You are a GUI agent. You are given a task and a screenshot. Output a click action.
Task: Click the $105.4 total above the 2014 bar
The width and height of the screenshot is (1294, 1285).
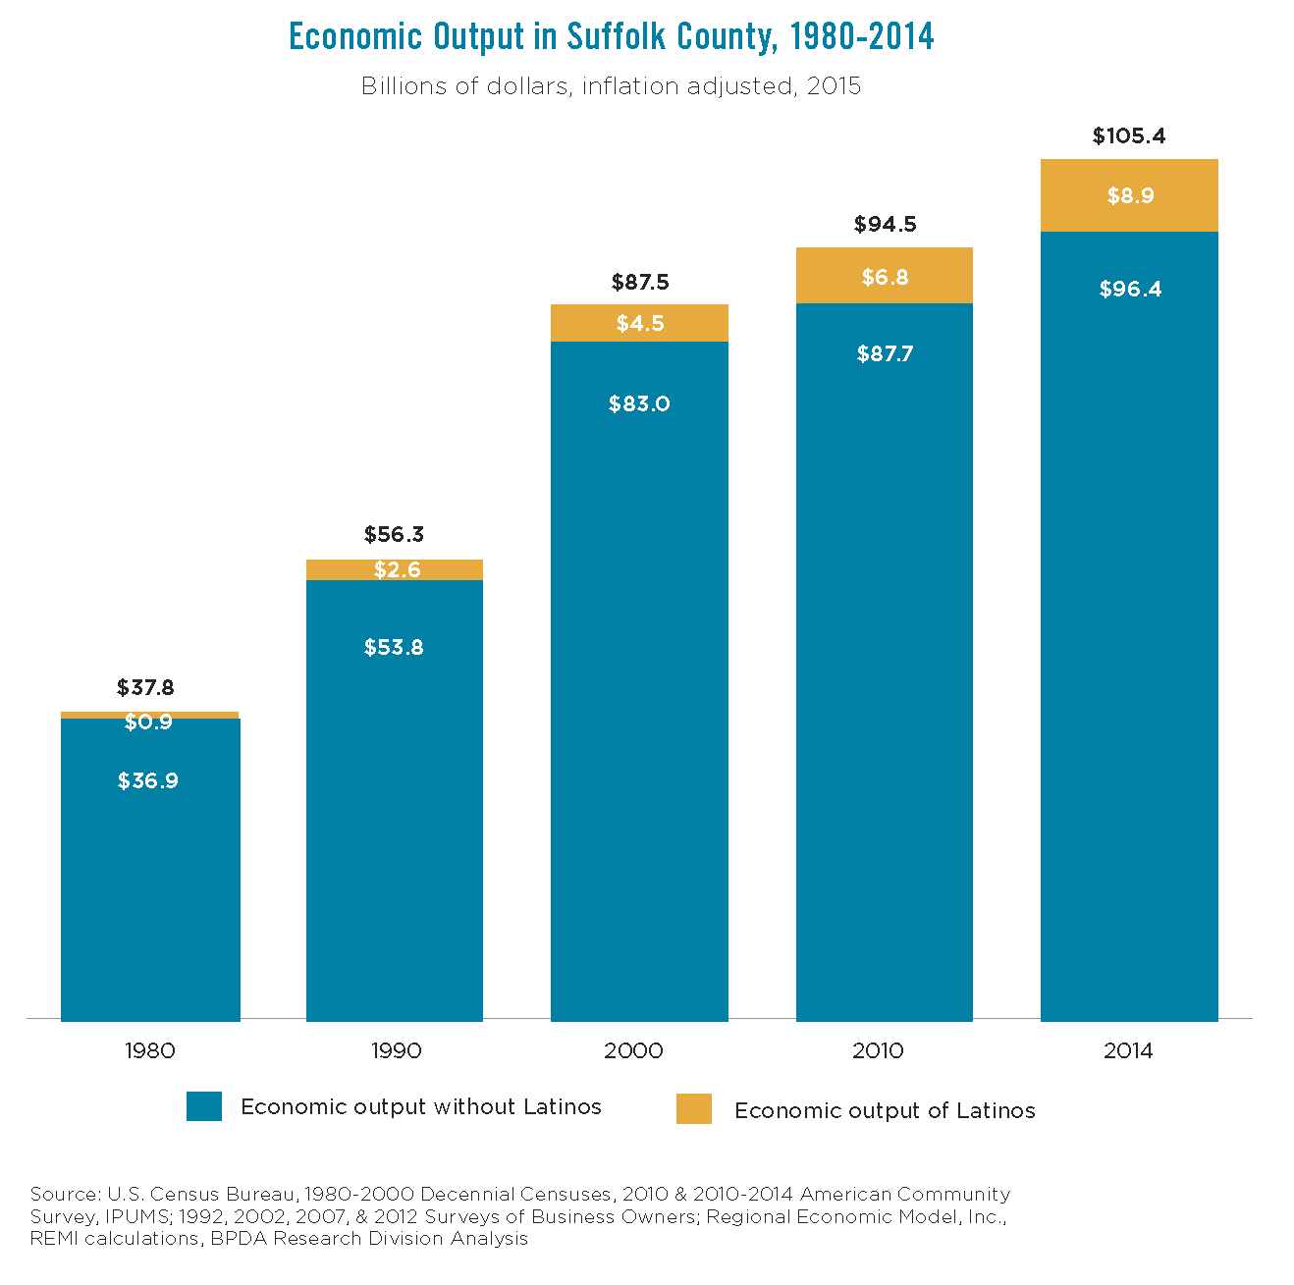tap(1129, 136)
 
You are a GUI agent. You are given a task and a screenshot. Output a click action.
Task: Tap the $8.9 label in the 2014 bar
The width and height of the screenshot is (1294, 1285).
tap(1130, 195)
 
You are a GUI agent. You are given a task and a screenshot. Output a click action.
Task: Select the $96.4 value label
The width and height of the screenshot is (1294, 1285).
tap(1130, 289)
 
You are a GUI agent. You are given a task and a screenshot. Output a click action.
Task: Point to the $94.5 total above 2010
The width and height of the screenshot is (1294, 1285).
tap(885, 225)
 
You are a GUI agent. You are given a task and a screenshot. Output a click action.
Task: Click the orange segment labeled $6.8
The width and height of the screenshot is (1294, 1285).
tap(885, 277)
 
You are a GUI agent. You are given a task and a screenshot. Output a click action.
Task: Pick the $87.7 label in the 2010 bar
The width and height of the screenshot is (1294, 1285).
tap(885, 354)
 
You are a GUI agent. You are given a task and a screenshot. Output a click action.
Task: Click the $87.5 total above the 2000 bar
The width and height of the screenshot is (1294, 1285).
tap(640, 283)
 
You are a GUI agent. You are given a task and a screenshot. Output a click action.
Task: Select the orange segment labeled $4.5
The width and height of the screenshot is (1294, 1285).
tap(640, 323)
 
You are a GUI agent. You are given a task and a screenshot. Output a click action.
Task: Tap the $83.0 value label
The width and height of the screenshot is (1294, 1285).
tap(639, 404)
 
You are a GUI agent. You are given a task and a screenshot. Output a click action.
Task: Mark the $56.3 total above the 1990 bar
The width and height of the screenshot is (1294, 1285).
tap(394, 535)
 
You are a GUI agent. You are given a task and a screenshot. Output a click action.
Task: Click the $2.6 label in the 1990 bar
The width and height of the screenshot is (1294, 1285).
tap(397, 570)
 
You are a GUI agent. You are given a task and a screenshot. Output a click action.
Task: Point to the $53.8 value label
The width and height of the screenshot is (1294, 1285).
tap(394, 648)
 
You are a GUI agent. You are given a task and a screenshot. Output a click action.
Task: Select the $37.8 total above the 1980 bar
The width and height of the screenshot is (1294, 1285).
tap(145, 688)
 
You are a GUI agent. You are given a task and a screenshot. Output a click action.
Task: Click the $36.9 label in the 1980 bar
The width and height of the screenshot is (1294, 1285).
tap(148, 781)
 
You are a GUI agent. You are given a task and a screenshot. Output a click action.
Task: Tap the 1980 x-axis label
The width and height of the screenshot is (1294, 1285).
tap(150, 1051)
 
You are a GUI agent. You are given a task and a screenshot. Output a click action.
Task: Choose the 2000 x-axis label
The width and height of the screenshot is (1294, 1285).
tap(633, 1051)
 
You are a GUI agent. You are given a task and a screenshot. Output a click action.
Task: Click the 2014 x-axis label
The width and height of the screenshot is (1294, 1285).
tap(1128, 1051)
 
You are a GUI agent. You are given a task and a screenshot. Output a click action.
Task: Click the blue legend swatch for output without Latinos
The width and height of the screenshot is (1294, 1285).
tap(204, 1106)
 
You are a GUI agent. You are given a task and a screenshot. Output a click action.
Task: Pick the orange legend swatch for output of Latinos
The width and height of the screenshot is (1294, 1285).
tap(694, 1109)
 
